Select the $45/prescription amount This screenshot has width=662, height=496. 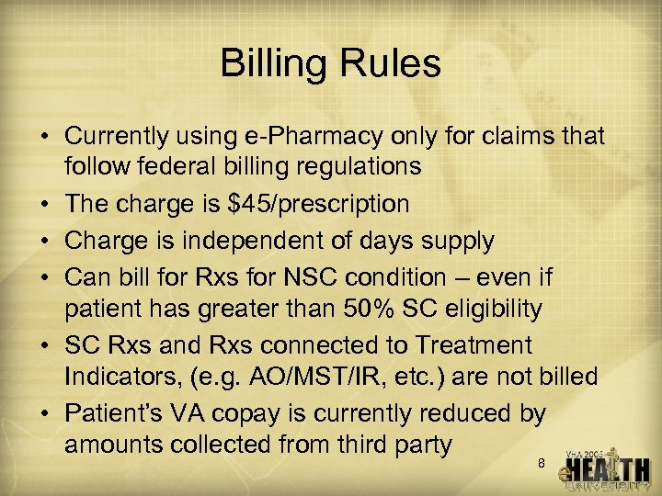[x=330, y=204]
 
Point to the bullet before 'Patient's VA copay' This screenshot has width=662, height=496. [x=44, y=413]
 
